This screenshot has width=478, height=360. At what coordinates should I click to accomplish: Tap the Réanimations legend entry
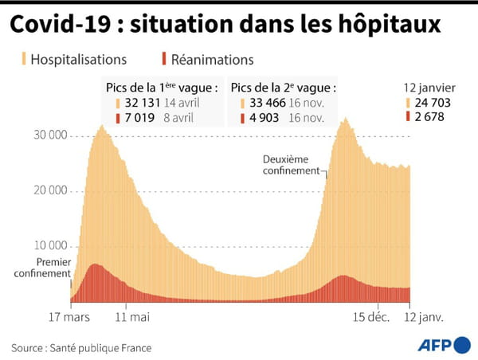pos(207,59)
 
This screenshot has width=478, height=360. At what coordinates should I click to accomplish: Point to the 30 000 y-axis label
pos(49,135)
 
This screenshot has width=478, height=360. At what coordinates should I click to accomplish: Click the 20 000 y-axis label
pos(49,190)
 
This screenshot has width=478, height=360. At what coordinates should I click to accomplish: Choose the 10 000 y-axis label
pos(49,245)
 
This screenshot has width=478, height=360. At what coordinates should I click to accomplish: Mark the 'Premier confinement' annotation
pos(41,268)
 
